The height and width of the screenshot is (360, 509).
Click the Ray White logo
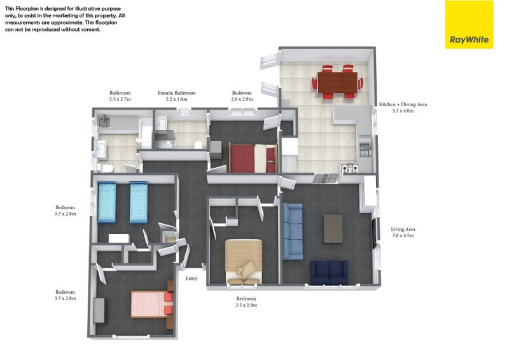coord(469,25)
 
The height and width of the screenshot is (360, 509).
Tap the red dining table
coord(337,82)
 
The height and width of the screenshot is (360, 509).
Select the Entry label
coord(192,278)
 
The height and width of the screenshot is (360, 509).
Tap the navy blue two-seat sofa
coord(329,272)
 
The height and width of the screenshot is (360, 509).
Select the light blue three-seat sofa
coord(293,231)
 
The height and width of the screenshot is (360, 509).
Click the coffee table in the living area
coord(333,228)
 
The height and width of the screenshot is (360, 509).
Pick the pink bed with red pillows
coord(152,304)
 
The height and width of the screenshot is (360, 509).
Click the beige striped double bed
coord(244,261)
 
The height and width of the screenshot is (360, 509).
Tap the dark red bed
coord(253,158)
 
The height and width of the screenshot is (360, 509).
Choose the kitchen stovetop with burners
coord(350,168)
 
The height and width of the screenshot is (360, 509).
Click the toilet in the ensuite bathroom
coord(199,145)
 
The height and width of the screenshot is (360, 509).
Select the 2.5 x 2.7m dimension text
coord(120,99)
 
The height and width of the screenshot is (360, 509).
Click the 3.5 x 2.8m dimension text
coord(246,305)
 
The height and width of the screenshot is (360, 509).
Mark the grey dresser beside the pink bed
coord(100,310)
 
